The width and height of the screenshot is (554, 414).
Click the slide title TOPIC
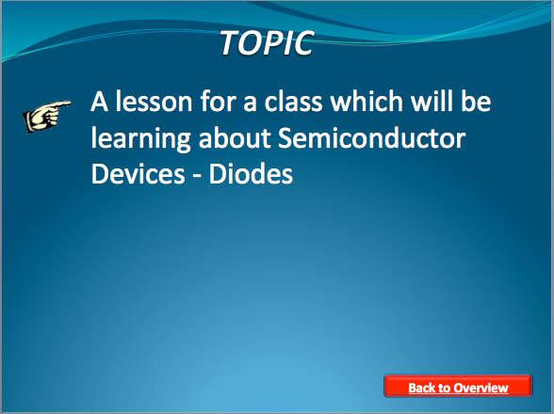(x=267, y=42)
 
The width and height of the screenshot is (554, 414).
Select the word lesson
(x=155, y=102)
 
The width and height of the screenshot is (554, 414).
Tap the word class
(x=294, y=102)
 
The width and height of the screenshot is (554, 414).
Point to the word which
(x=367, y=102)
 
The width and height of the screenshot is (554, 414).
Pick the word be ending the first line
(x=476, y=102)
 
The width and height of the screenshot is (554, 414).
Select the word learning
(x=141, y=139)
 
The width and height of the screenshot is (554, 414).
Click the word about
(x=235, y=138)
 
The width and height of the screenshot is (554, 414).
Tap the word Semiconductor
(x=372, y=138)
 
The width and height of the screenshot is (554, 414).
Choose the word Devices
(x=138, y=174)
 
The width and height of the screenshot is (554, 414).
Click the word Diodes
(x=251, y=174)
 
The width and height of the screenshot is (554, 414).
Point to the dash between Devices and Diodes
(x=197, y=176)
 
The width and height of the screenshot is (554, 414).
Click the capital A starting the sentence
(x=99, y=102)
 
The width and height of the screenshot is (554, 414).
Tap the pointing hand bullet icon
(x=46, y=117)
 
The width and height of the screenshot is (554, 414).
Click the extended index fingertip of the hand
(x=68, y=103)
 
